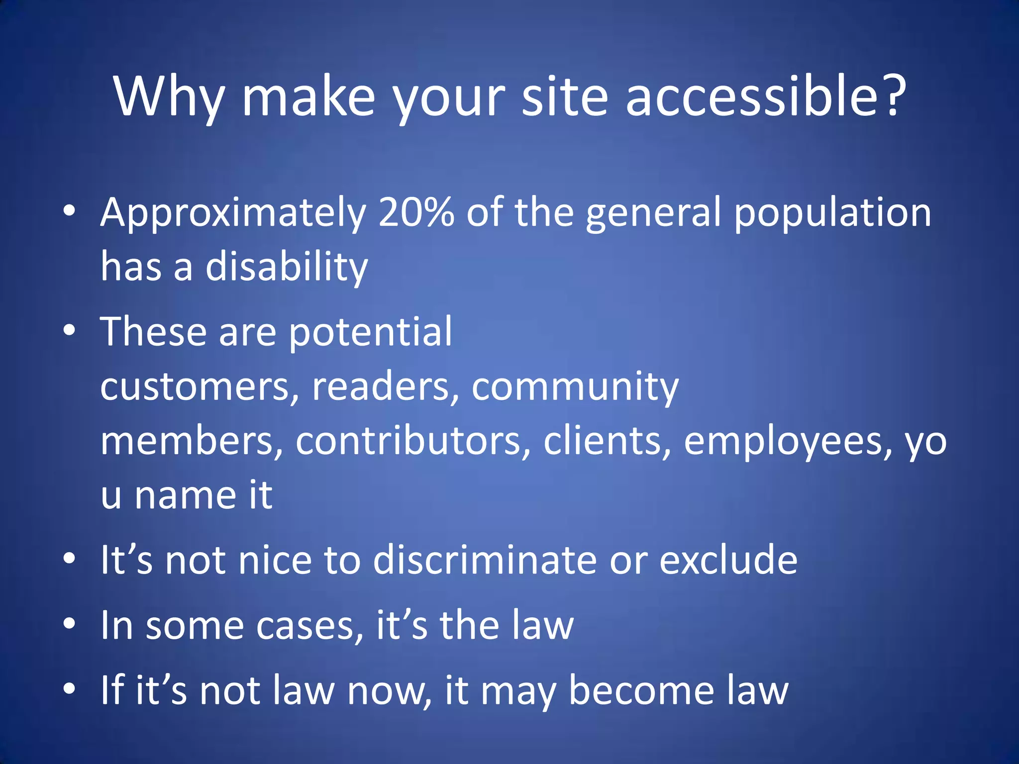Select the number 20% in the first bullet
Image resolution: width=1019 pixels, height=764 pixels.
pyautogui.click(x=416, y=212)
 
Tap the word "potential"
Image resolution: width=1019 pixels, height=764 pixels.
pyautogui.click(x=370, y=332)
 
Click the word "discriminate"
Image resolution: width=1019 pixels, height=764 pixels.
pyautogui.click(x=485, y=560)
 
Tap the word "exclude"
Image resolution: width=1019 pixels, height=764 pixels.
pyautogui.click(x=728, y=560)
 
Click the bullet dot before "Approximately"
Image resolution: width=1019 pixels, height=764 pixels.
pyautogui.click(x=70, y=211)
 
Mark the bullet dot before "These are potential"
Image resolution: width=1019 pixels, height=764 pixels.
pyautogui.click(x=70, y=329)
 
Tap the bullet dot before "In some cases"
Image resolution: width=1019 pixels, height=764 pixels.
pyautogui.click(x=70, y=623)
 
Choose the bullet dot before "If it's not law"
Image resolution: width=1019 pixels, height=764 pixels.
pyautogui.click(x=70, y=688)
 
